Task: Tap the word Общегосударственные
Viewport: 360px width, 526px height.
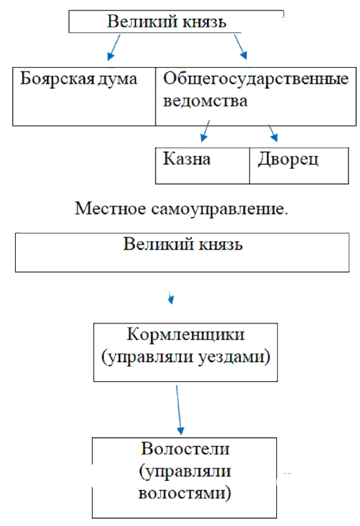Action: tap(256, 80)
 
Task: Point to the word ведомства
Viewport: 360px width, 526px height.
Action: tap(205, 101)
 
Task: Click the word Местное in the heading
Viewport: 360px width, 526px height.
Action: tap(110, 208)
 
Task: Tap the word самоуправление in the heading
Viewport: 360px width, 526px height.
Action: tap(219, 209)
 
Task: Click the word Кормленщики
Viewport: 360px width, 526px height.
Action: tap(186, 335)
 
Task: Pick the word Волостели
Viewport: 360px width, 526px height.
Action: tap(186, 448)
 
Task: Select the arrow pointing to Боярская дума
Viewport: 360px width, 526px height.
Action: tap(114, 47)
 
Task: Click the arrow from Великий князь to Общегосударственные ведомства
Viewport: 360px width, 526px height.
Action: tap(241, 47)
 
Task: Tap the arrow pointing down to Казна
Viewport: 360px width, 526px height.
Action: tap(205, 130)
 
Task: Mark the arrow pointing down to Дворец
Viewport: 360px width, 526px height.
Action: tap(273, 133)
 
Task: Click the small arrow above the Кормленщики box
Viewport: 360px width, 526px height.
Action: tap(171, 298)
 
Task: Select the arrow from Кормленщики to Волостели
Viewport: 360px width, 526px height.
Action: tap(178, 410)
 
